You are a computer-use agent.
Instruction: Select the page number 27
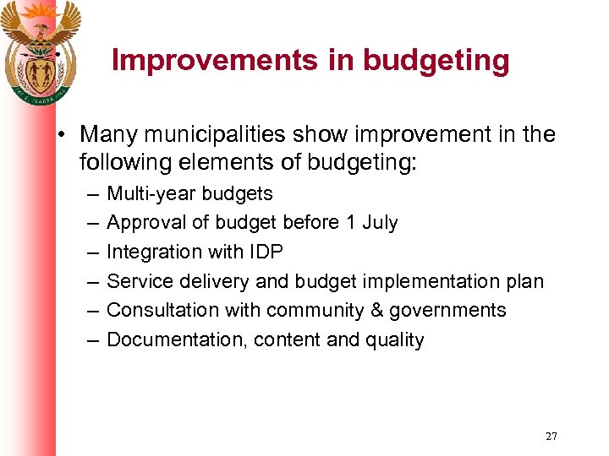pyautogui.click(x=551, y=437)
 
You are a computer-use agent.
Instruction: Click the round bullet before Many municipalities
pyautogui.click(x=63, y=135)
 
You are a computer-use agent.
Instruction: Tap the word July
pyautogui.click(x=379, y=223)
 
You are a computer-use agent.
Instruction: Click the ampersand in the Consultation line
pyautogui.click(x=377, y=311)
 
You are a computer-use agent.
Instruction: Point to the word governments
pyautogui.click(x=447, y=311)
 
